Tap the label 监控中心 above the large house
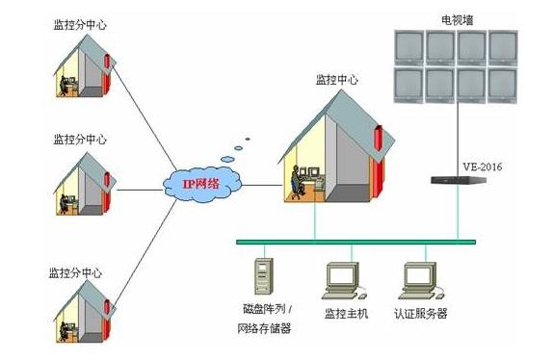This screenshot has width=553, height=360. coord(336,80)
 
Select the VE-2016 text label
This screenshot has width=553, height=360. coord(482,167)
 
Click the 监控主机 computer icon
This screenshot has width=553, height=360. coord(342,279)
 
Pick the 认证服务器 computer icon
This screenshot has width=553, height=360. coord(420,279)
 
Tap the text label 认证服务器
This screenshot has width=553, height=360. coord(421,314)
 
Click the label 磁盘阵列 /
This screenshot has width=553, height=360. coord(265,311)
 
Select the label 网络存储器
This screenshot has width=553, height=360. coord(264,328)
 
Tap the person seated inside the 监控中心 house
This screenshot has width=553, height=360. coord(297,182)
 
